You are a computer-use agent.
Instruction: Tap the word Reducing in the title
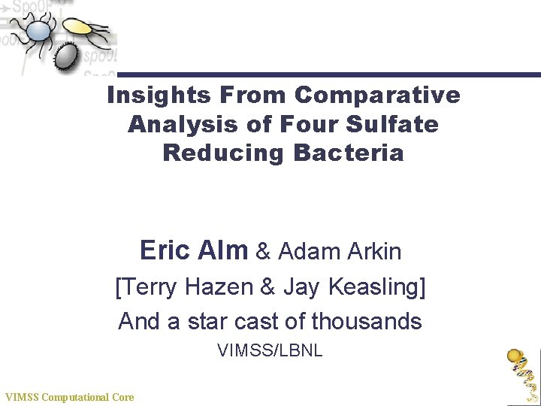pyautogui.click(x=223, y=153)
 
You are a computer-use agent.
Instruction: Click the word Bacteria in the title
pyautogui.click(x=349, y=153)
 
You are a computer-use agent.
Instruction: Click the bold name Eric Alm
pyautogui.click(x=193, y=250)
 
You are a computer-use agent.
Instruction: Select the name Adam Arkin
pyautogui.click(x=340, y=251)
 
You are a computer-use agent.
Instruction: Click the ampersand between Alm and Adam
pyautogui.click(x=263, y=251)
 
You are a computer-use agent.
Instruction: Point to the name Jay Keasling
pyautogui.click(x=353, y=286)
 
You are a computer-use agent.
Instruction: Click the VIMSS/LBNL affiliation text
pyautogui.click(x=270, y=350)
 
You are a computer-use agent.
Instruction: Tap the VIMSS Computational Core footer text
pyautogui.click(x=69, y=397)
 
